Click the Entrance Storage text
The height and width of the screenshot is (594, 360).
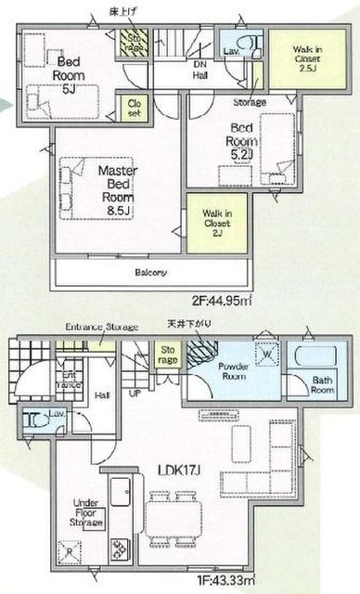pyautogui.click(x=101, y=327)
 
